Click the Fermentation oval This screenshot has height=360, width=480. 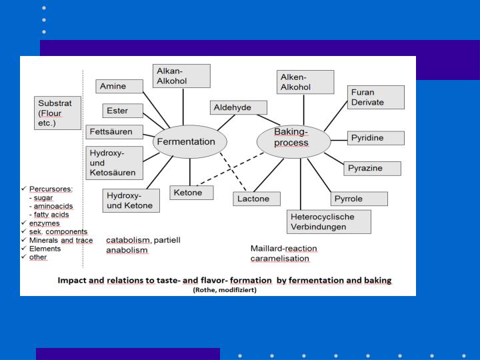coord(190,142)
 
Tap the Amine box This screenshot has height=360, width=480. coord(120,87)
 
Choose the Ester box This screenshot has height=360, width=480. coord(123,111)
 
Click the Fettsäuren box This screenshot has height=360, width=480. coord(114,132)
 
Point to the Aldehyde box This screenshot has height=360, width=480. coord(239,107)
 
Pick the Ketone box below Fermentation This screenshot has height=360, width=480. coord(191,193)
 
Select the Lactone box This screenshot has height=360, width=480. coord(257,199)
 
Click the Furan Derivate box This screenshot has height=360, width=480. coord(375,97)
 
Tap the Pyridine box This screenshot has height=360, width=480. coord(375,138)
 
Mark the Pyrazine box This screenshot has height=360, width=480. coord(373,168)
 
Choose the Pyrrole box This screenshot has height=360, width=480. coord(359,199)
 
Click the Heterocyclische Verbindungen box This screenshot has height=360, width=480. coord(329,222)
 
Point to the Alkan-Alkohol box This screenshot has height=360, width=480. coord(181,76)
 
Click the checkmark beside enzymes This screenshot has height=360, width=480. coord(25,223)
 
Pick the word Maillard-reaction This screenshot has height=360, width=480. coord(283,249)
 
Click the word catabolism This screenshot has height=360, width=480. coord(129,239)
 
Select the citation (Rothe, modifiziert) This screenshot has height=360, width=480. coord(224,290)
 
